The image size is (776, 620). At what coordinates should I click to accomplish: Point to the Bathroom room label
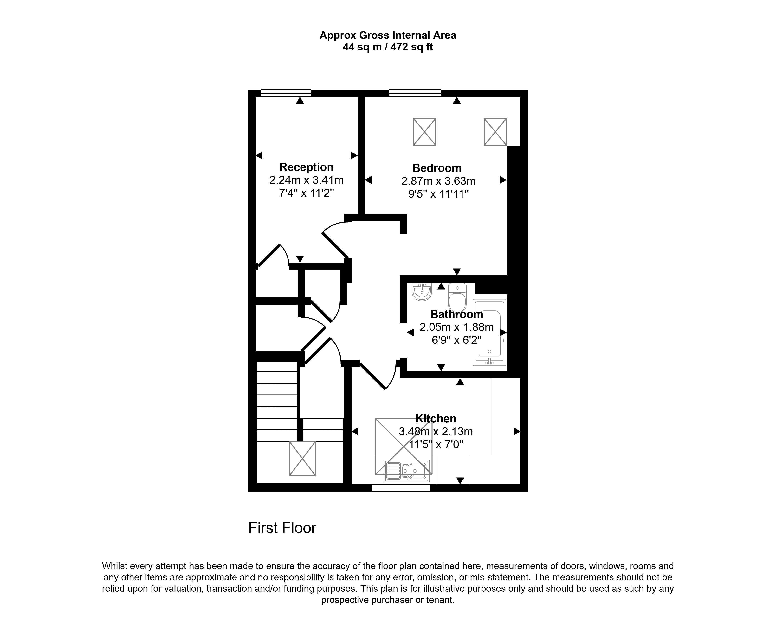(x=456, y=314)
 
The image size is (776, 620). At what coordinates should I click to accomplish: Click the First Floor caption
(x=282, y=528)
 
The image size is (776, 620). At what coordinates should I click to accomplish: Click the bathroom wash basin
(x=422, y=292)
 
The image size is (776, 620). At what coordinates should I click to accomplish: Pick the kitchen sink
(x=407, y=470)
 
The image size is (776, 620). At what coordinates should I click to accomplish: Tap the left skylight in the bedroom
(x=424, y=132)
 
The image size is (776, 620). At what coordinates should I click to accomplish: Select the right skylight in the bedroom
(x=495, y=132)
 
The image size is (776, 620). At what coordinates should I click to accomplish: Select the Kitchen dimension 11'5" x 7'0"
(x=436, y=444)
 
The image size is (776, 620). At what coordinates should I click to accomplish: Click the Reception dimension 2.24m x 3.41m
(x=306, y=180)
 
